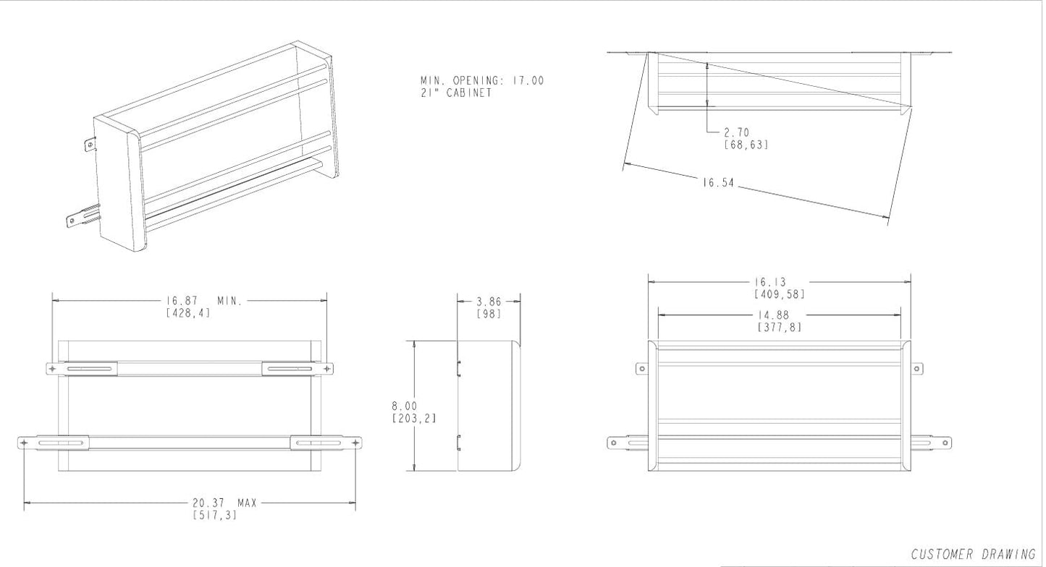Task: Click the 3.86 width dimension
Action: tap(489, 301)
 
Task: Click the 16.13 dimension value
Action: tap(770, 282)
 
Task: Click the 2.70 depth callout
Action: tap(736, 132)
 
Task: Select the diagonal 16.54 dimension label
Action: tap(718, 183)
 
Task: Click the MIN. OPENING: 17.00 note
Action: tap(481, 80)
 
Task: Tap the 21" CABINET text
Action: tap(456, 93)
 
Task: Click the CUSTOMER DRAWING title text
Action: tap(973, 555)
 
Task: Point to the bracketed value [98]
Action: tap(489, 313)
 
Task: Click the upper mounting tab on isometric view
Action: tap(90, 145)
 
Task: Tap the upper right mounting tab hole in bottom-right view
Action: tap(916, 369)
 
